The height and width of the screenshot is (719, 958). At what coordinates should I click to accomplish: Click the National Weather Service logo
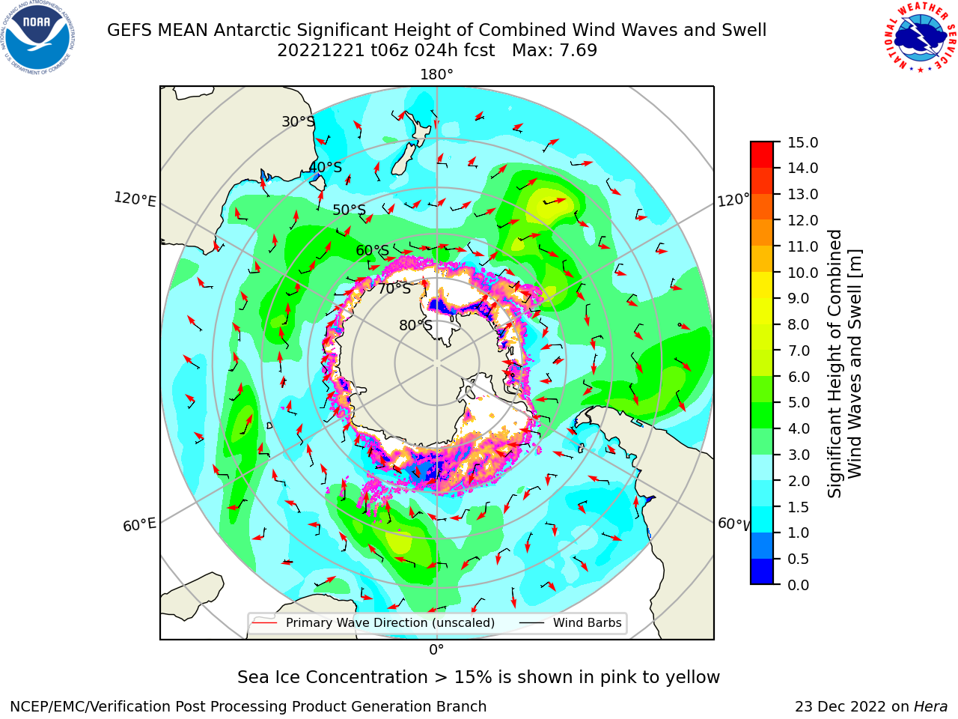(x=919, y=37)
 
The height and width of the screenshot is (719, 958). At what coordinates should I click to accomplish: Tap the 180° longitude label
(x=436, y=75)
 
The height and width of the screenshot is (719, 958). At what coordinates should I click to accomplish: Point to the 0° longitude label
(x=436, y=650)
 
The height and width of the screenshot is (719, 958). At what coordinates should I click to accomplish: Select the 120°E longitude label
(x=135, y=199)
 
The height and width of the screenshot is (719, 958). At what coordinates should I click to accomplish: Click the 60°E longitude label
(x=139, y=524)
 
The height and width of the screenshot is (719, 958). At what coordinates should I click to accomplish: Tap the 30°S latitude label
(x=298, y=121)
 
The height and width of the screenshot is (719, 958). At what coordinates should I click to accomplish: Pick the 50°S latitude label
(x=350, y=210)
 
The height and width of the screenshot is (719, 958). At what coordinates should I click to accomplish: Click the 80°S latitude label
(x=415, y=325)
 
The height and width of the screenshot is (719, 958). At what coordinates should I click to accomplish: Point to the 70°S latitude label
(x=394, y=288)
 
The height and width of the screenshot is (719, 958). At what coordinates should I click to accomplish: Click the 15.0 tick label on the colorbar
(x=802, y=142)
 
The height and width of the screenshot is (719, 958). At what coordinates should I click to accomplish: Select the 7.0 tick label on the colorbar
(x=799, y=351)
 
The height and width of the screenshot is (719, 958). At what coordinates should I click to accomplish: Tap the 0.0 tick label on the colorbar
(x=799, y=585)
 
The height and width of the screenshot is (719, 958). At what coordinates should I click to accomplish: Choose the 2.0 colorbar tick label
(x=799, y=481)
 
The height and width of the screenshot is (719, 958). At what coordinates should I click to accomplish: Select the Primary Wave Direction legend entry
(x=373, y=622)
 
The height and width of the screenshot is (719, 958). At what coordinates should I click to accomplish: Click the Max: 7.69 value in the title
(x=555, y=50)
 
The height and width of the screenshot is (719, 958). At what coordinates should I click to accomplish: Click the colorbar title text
(x=844, y=363)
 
